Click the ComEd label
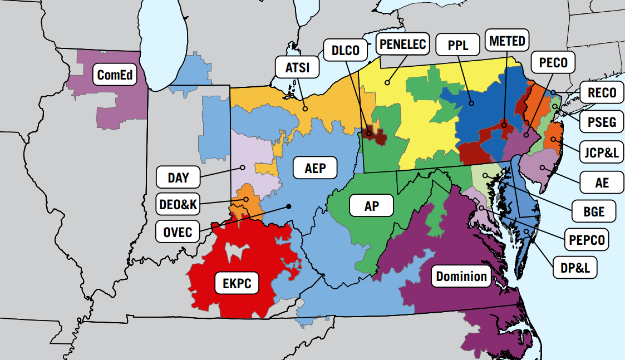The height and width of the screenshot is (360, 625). pyautogui.click(x=115, y=75)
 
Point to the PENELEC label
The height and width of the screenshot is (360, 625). pyautogui.click(x=402, y=44)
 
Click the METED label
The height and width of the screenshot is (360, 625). pyautogui.click(x=507, y=41)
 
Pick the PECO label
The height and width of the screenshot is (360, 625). pyautogui.click(x=553, y=62)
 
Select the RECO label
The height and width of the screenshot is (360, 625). pyautogui.click(x=602, y=92)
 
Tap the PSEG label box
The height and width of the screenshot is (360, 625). pyautogui.click(x=602, y=122)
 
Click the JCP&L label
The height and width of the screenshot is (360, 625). pyautogui.click(x=602, y=152)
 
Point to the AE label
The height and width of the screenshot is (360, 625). pyautogui.click(x=602, y=182)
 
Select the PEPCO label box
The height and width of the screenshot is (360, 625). pyautogui.click(x=586, y=240)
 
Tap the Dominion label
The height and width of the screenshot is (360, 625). pyautogui.click(x=461, y=277)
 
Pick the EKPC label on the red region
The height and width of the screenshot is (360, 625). pyautogui.click(x=237, y=284)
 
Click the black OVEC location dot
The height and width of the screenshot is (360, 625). pyautogui.click(x=289, y=206)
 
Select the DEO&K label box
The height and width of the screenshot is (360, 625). pyautogui.click(x=178, y=205)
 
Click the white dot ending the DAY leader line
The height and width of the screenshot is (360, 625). pyautogui.click(x=243, y=167)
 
